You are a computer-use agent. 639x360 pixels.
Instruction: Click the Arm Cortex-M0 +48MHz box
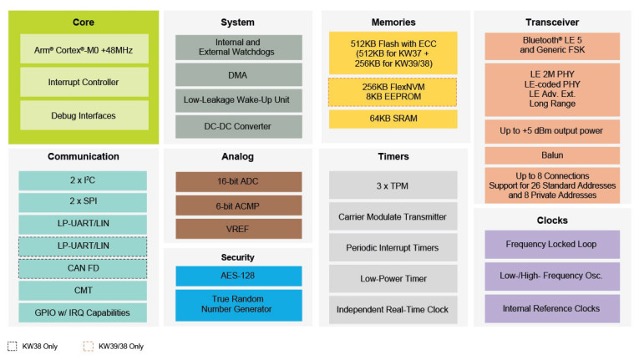tap(84, 49)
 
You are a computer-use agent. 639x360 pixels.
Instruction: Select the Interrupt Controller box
tap(84, 82)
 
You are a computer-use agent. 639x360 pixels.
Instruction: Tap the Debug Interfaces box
tap(84, 115)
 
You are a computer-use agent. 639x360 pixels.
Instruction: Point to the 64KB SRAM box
tap(393, 119)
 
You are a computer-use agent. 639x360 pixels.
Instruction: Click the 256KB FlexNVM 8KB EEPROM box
tap(393, 91)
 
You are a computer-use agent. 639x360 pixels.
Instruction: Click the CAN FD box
tap(82, 268)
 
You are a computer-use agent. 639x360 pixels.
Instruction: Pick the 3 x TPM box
tap(393, 185)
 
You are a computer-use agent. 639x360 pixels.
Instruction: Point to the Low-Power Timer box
tap(393, 278)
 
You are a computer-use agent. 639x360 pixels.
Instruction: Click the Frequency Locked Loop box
tap(551, 245)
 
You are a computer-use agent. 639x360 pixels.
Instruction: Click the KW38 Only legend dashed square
tap(12, 345)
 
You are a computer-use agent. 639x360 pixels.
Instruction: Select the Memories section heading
tap(393, 22)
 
